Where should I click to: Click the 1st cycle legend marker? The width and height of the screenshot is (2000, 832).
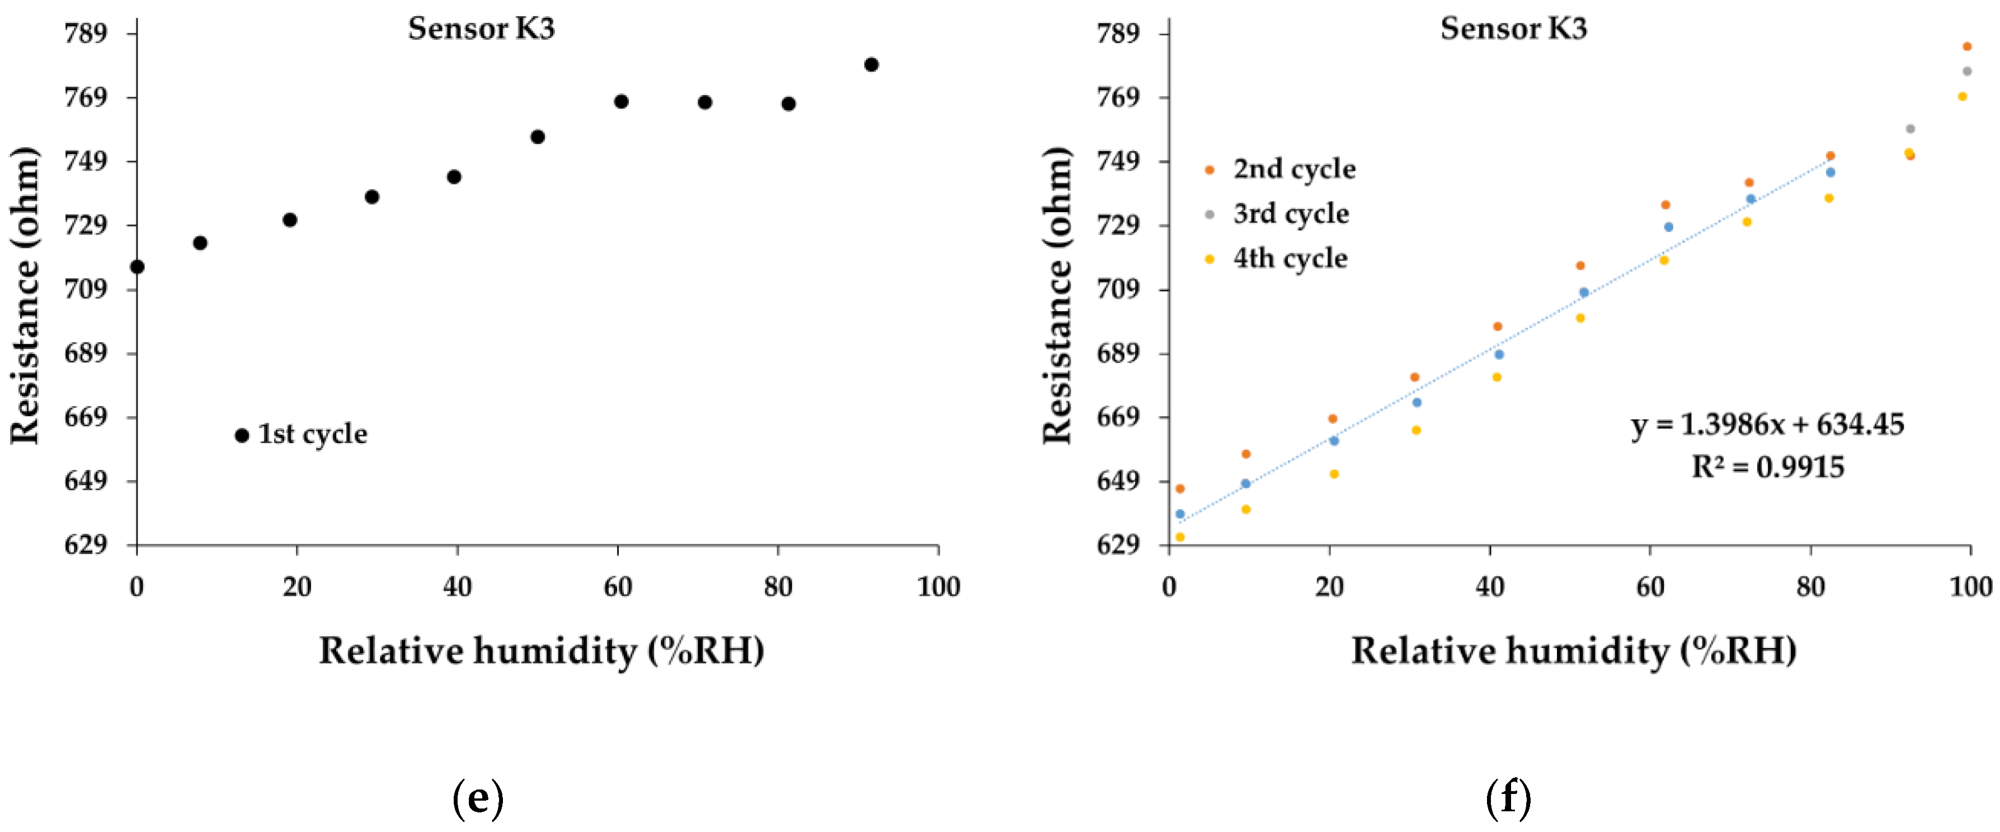click(x=242, y=436)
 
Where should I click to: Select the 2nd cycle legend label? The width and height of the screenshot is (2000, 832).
click(x=1293, y=170)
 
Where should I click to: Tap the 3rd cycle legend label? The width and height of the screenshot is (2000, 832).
click(x=1291, y=214)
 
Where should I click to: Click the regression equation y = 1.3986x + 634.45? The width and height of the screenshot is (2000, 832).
click(x=1767, y=425)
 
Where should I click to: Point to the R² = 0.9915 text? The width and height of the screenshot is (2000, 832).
click(x=1767, y=467)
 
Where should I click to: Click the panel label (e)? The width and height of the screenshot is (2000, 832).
click(x=478, y=798)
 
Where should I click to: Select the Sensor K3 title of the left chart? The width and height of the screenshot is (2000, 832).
click(x=481, y=29)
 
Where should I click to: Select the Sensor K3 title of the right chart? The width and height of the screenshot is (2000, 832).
click(x=1513, y=29)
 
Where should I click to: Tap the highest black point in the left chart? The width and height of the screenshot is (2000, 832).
click(x=871, y=64)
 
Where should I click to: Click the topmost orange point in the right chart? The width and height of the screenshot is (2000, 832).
click(x=1966, y=46)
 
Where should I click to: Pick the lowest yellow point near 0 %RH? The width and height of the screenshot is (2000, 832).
click(x=1180, y=537)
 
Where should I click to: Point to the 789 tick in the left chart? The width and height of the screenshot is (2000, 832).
click(x=86, y=34)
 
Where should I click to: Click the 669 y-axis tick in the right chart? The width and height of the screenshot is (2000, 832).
click(x=1118, y=417)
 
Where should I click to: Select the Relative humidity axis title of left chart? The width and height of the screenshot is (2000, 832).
click(x=541, y=650)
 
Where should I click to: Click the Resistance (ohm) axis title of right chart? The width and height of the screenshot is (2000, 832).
click(x=1057, y=295)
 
